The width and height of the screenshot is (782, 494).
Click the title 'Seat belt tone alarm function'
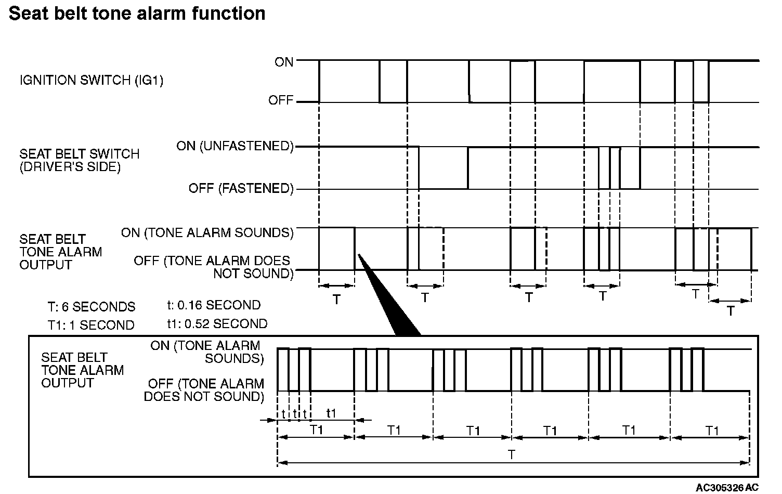pyautogui.click(x=137, y=14)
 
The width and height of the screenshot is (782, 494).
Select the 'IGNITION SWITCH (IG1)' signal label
pyautogui.click(x=92, y=81)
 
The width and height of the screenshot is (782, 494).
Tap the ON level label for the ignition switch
pyautogui.click(x=284, y=62)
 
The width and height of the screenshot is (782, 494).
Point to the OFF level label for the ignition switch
pyautogui.click(x=281, y=100)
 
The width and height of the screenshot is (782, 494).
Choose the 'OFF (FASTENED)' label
pyautogui.click(x=241, y=188)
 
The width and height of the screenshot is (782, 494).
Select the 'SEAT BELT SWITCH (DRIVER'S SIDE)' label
pyautogui.click(x=80, y=161)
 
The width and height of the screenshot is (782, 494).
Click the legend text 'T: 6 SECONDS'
pyautogui.click(x=91, y=307)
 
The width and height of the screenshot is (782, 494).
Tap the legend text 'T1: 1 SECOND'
pyautogui.click(x=91, y=326)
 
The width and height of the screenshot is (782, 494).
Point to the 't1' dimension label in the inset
pyautogui.click(x=331, y=413)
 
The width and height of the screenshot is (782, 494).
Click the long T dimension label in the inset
pyautogui.click(x=512, y=455)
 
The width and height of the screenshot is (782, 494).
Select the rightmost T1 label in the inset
pyautogui.click(x=712, y=431)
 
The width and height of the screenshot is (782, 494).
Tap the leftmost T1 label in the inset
pyautogui.click(x=317, y=430)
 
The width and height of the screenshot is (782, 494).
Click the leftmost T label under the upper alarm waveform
pyautogui.click(x=336, y=300)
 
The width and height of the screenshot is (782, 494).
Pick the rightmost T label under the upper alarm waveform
pyautogui.click(x=731, y=311)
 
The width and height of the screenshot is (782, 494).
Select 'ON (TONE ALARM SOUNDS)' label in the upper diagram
pyautogui.click(x=207, y=232)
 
